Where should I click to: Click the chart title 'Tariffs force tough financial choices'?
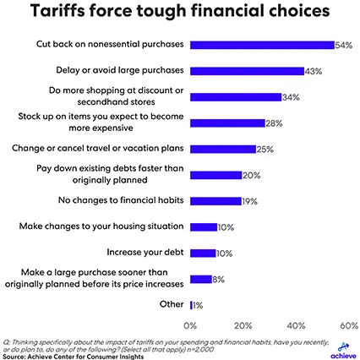coord(180,14)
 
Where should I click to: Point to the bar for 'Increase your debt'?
coord(204,252)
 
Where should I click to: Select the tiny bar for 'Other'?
coord(193,304)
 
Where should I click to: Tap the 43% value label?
coord(314,72)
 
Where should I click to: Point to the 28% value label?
coord(275,123)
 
